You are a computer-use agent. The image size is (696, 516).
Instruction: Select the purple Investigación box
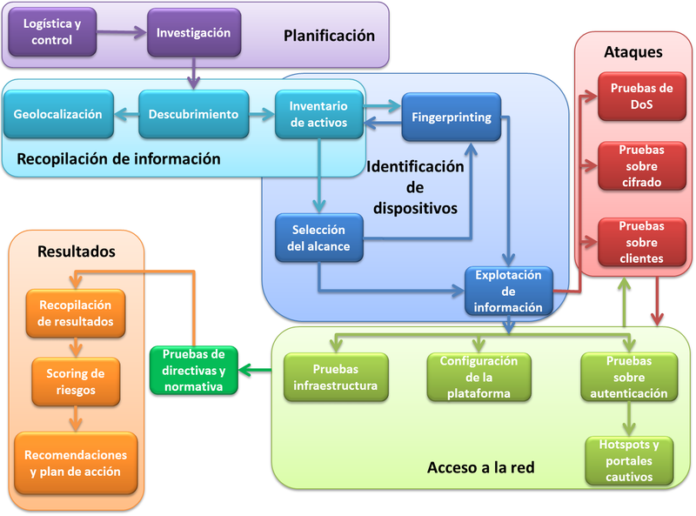193,33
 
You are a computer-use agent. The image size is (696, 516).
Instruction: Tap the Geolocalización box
58,115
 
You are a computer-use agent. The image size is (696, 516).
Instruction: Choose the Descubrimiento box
193,115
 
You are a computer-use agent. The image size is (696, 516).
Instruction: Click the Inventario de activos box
318,115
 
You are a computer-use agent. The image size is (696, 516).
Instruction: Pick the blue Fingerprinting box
451,117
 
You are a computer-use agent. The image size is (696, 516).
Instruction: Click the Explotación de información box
508,291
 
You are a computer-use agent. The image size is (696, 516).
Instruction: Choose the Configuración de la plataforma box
478,377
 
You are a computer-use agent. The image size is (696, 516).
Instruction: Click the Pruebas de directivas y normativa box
194,370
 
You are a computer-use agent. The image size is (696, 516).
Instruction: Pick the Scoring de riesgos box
76,382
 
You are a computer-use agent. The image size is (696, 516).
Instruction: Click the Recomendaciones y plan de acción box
76,463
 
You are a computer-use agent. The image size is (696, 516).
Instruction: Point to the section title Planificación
329,36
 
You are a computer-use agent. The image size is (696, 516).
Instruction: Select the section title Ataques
632,52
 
